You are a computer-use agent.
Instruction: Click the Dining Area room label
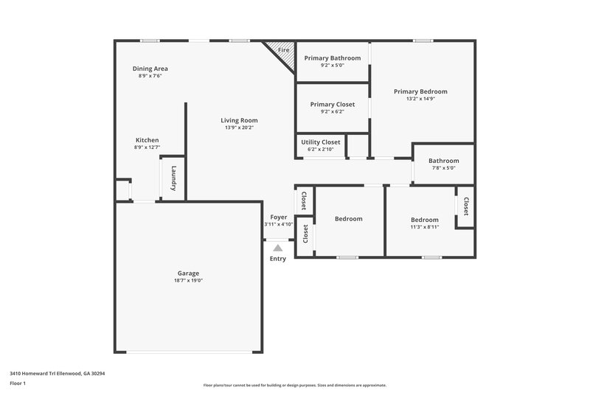[150, 69]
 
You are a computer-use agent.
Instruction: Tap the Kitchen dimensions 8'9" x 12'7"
[147, 147]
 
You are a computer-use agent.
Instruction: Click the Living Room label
[239, 120]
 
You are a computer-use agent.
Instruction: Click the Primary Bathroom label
[332, 58]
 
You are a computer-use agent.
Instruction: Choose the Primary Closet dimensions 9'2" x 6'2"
[332, 112]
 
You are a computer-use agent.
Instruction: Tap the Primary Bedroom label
[420, 91]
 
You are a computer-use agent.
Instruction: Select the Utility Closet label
[321, 142]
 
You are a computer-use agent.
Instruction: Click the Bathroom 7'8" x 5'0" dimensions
[444, 168]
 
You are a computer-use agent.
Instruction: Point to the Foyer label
[278, 217]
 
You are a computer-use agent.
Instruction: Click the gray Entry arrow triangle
[277, 248]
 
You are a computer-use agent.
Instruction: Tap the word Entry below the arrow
[277, 259]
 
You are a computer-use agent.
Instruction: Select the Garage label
[188, 273]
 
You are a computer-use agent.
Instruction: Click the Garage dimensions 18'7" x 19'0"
[188, 280]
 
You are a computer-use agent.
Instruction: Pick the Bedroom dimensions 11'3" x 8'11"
[424, 227]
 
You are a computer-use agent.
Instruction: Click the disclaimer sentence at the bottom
[294, 385]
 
